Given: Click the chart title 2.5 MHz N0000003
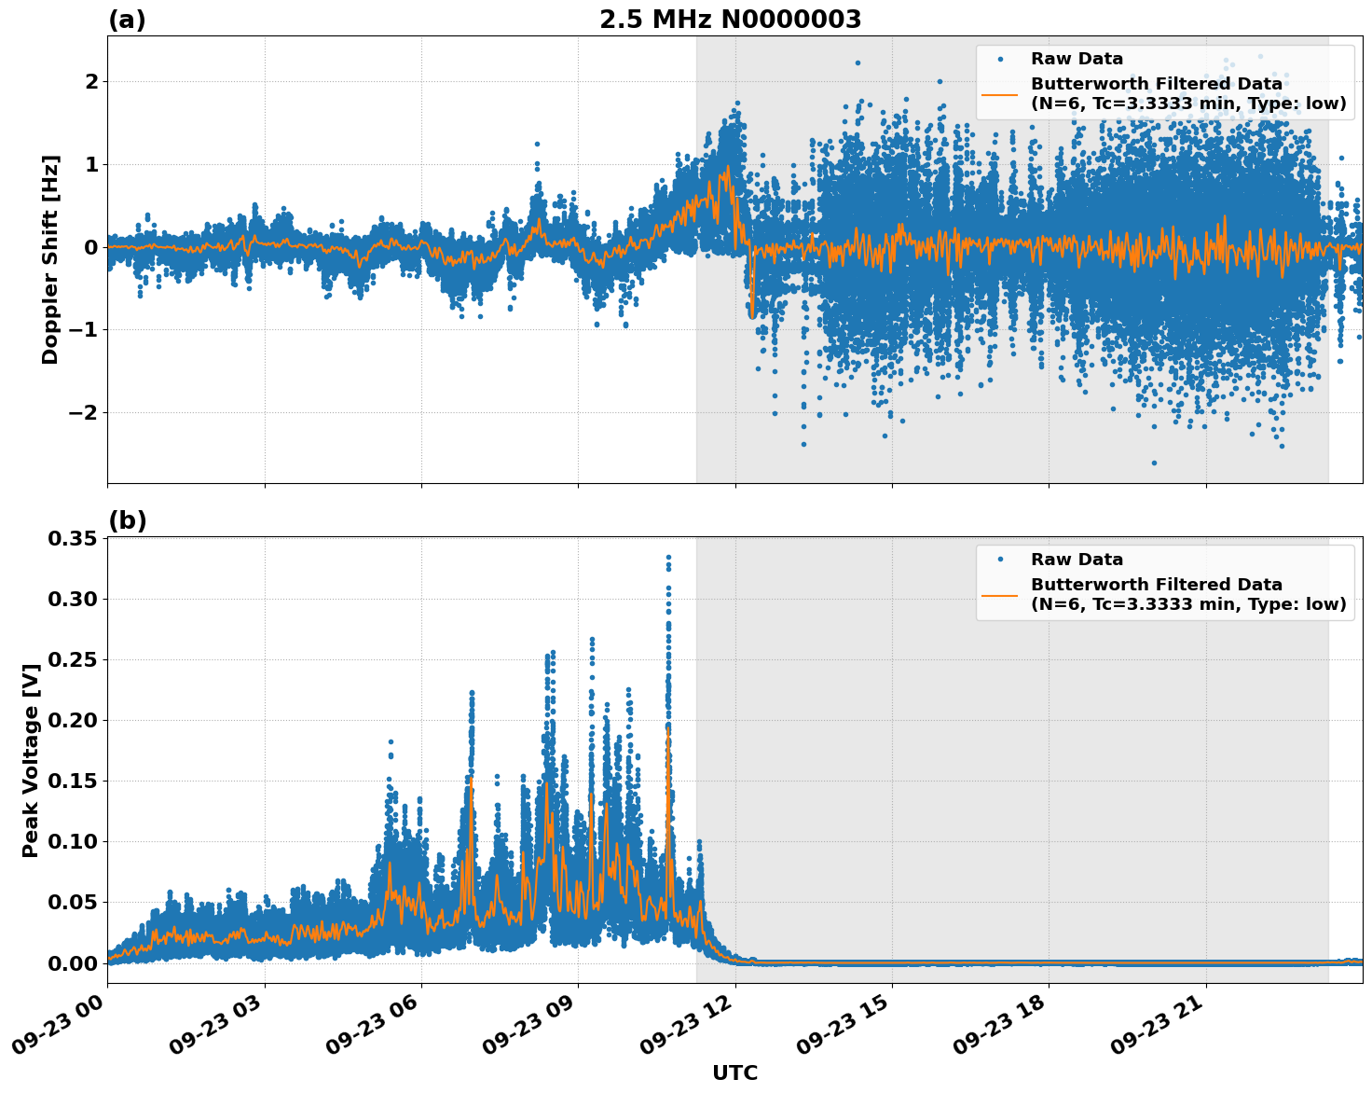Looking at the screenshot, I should [x=730, y=20].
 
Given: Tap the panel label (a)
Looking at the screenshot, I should [x=127, y=20].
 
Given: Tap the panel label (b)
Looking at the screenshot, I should [x=127, y=520].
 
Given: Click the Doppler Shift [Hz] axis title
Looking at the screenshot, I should [x=50, y=259].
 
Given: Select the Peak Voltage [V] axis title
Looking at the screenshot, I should [x=31, y=760].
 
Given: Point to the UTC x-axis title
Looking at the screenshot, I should [x=734, y=1072].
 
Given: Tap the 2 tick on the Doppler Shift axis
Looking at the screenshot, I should [x=91, y=81].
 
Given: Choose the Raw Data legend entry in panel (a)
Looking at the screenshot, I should [x=1077, y=59].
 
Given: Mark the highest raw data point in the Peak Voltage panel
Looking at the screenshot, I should [x=668, y=557].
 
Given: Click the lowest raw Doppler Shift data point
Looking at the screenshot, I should [x=1154, y=463].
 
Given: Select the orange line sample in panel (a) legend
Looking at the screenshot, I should [x=1000, y=93].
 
